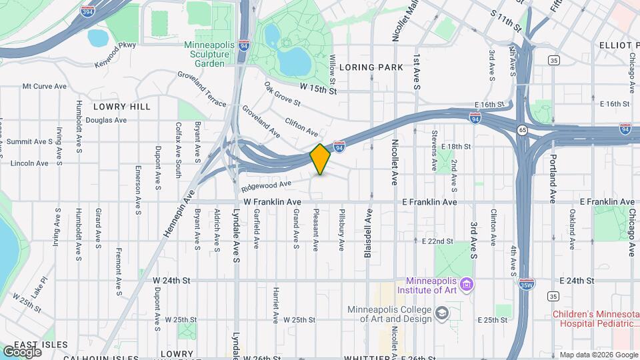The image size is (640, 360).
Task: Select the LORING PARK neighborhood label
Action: point(371,67)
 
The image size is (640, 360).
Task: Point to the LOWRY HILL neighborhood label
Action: point(122,107)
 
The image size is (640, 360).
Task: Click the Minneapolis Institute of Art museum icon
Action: point(467,285)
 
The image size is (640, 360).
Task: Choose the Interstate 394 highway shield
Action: point(87,11)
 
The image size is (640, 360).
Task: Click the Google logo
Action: point(22,351)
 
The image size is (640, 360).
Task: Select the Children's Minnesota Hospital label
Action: point(596,319)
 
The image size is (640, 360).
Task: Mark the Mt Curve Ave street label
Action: point(45,86)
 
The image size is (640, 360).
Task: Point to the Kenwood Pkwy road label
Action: point(115,45)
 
